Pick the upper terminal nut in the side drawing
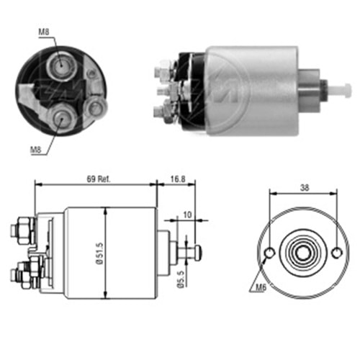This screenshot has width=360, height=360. [x=20, y=230]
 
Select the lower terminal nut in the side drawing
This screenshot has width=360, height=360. [x=22, y=274]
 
